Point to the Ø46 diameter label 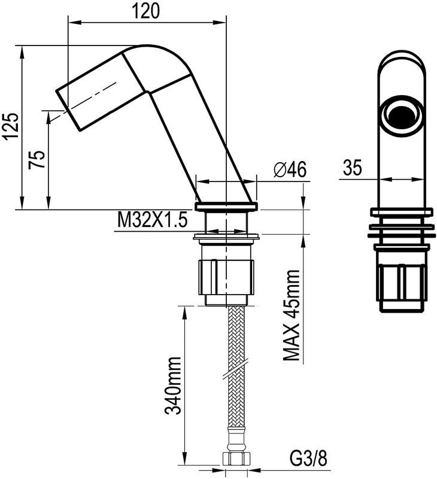click(x=289, y=170)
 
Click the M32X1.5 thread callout click(x=152, y=220)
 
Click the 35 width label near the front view click(x=353, y=169)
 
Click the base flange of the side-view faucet click(x=227, y=206)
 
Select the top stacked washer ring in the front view click(x=402, y=211)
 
